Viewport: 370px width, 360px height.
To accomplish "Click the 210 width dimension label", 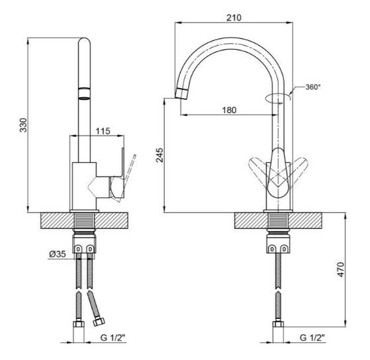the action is pos(234,17).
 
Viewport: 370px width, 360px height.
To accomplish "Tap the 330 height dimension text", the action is pos(23,125).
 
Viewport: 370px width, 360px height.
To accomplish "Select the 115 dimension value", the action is pos(103,131).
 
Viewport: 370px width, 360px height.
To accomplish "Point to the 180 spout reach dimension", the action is pos(229,110).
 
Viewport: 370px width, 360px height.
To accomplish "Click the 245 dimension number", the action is pos(160,155).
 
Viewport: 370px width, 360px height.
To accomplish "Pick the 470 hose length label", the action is pos(340,269).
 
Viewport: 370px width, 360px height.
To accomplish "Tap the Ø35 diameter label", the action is pos(58,254).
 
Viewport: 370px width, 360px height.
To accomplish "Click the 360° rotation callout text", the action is pos(313,87).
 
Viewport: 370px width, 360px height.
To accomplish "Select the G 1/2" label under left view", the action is pos(113,337).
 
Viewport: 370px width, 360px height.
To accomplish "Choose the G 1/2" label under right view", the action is pos(312,337).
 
